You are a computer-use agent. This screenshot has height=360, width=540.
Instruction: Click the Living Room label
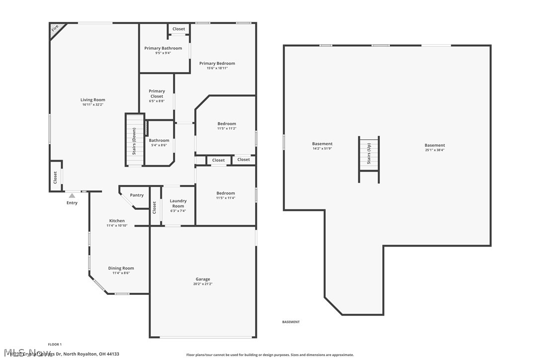[x=93, y=100]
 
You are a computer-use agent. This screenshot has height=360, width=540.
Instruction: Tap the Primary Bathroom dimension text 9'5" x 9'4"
[x=163, y=53]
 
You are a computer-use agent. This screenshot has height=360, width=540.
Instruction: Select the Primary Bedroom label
[x=217, y=64]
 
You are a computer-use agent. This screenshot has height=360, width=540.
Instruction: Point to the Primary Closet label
[x=157, y=93]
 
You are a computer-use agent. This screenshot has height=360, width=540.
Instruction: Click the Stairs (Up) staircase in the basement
[x=369, y=153]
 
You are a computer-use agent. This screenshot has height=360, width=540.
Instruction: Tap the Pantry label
[x=137, y=195]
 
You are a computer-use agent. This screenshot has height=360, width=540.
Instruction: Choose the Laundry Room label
[x=178, y=203]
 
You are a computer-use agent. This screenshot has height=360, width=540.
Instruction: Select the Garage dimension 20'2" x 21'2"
[x=202, y=284]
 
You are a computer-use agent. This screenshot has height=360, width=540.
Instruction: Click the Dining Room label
[x=121, y=269]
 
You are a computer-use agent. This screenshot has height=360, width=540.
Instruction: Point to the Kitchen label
[x=117, y=221]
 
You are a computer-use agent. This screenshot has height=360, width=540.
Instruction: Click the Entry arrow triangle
[x=72, y=196]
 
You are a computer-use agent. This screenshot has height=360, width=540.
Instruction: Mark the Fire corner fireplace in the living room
[x=56, y=29]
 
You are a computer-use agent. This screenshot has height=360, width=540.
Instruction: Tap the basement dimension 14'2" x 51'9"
[x=322, y=149]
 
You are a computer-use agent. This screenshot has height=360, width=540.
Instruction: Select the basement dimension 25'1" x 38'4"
[x=435, y=150]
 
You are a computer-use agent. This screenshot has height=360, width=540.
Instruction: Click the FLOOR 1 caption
[x=55, y=344]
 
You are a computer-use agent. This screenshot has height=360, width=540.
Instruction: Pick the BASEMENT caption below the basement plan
[x=291, y=322]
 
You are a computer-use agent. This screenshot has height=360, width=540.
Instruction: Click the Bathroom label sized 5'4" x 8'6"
[x=159, y=141]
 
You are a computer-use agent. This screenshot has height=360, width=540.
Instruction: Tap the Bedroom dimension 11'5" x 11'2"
[x=226, y=129]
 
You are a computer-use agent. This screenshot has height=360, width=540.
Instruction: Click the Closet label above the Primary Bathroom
[x=179, y=29]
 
